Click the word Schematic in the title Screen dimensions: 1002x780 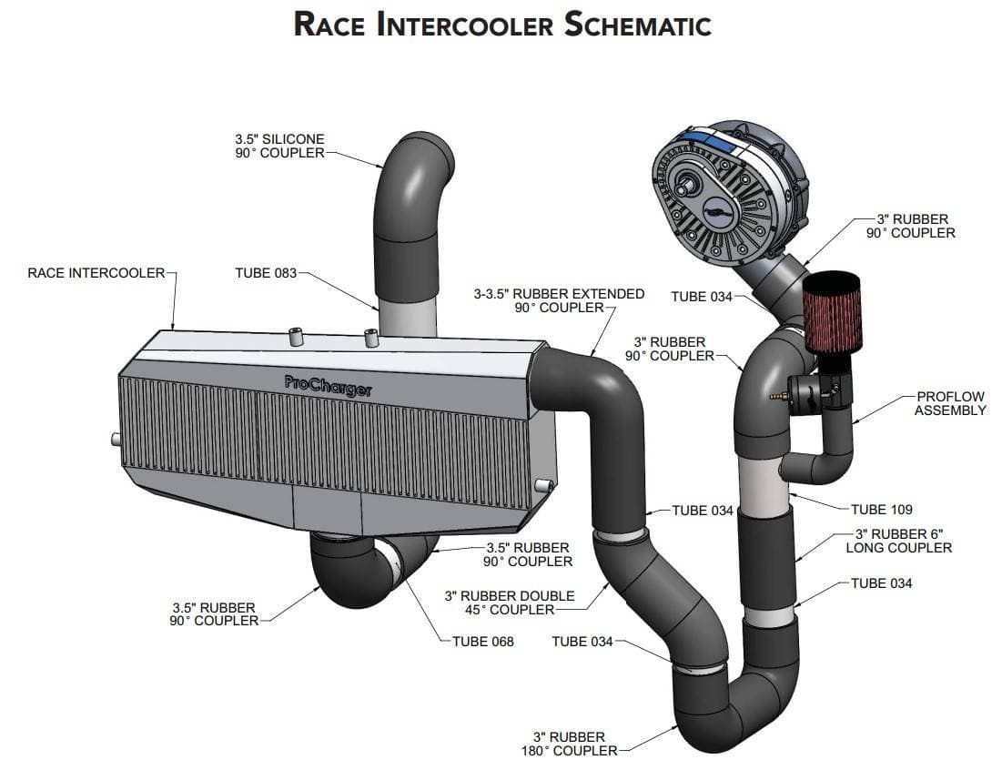click(638, 25)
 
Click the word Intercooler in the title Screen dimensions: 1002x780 click(464, 25)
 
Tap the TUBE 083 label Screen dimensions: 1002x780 click(266, 273)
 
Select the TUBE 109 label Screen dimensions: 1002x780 click(881, 509)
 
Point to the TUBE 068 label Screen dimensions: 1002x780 click(483, 642)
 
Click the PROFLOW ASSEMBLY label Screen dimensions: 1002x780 click(950, 403)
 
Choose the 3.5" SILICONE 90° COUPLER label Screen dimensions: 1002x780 click(280, 146)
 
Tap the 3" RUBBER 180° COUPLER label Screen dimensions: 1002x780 click(570, 744)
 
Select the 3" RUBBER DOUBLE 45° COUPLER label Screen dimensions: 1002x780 click(510, 603)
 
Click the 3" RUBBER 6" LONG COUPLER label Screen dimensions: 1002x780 click(899, 541)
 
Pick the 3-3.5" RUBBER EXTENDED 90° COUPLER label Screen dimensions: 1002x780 click(559, 300)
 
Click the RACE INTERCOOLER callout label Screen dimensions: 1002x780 click(96, 273)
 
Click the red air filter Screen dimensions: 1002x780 click(832, 311)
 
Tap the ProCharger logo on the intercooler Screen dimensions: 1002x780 click(328, 386)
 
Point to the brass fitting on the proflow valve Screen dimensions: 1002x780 click(778, 396)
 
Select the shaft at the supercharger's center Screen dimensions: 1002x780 click(685, 188)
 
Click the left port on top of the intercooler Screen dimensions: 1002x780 click(296, 337)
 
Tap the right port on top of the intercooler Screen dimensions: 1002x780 click(371, 338)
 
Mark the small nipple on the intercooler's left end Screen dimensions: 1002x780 click(116, 440)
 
